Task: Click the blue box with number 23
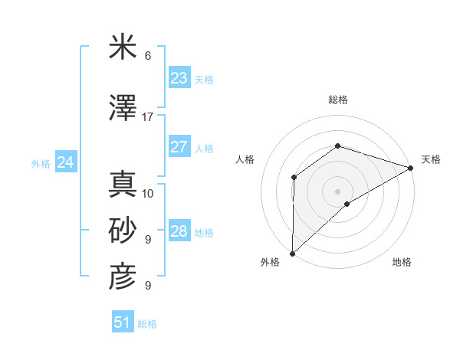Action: (x=179, y=78)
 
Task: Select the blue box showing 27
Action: (x=179, y=147)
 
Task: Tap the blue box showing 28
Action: (x=179, y=231)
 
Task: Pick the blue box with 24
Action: (x=66, y=162)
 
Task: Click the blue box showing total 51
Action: (x=123, y=322)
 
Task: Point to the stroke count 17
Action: (x=147, y=117)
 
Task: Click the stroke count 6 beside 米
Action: (x=148, y=56)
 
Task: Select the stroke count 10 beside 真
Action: (x=148, y=193)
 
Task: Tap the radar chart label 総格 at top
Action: (x=337, y=100)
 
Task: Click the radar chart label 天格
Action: (x=431, y=159)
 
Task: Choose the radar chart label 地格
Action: (x=402, y=262)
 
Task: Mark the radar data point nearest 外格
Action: (x=292, y=253)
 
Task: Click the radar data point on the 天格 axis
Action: (x=411, y=167)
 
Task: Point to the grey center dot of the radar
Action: (x=337, y=191)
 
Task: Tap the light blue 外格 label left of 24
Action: (x=41, y=163)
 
